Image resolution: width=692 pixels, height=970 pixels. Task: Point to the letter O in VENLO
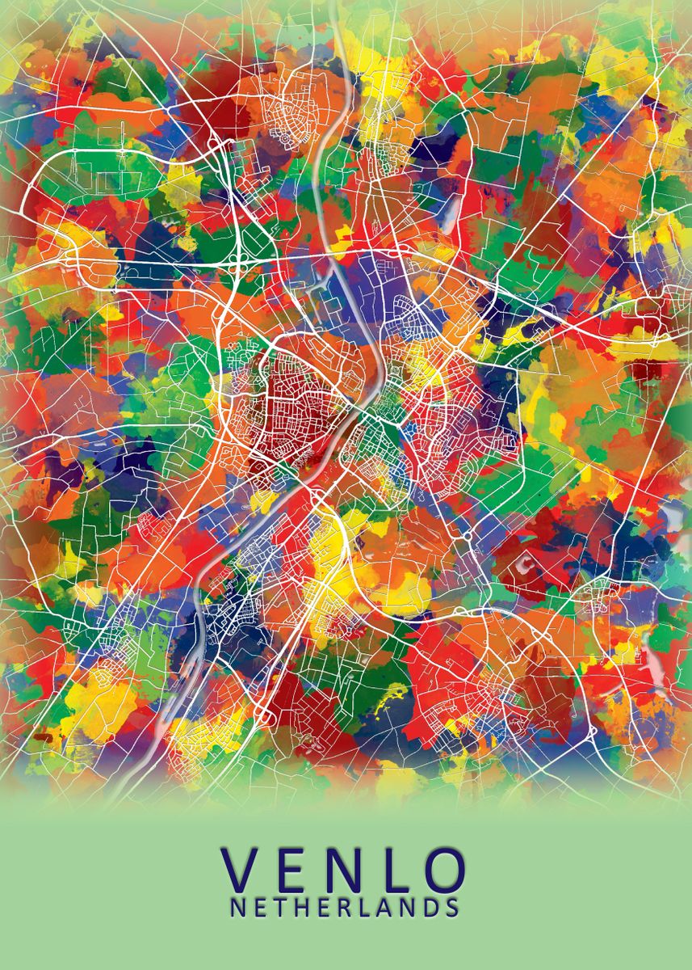[x=445, y=871]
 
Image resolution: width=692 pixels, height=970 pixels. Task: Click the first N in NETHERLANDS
[x=238, y=907]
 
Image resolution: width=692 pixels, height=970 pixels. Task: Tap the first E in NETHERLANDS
[x=260, y=907]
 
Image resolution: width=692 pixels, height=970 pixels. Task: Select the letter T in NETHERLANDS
[x=280, y=907]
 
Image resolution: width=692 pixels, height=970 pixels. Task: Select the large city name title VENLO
[x=345, y=871]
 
